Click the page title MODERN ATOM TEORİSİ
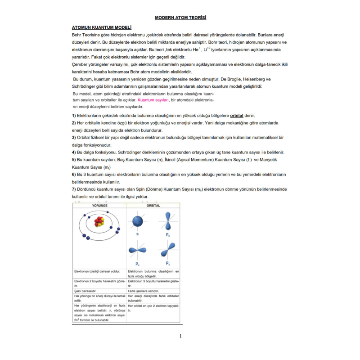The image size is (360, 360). coord(180,18)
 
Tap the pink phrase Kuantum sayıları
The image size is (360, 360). coord(153,100)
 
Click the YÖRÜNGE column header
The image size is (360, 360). coord(99,206)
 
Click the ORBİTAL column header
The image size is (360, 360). coord(153,206)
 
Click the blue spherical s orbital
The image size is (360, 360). coord(137,221)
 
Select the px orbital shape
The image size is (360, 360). coord(137,251)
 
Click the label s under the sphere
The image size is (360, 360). coord(137,234)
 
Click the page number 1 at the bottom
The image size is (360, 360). coord(180,336)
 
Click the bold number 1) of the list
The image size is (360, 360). coord(74,116)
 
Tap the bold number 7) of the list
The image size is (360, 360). coord(74,189)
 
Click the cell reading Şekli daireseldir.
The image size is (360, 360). coord(85,291)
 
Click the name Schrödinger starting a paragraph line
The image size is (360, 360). coord(86,86)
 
